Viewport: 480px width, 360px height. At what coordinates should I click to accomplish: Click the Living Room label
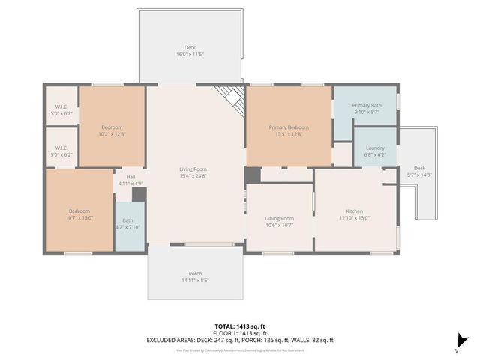193,169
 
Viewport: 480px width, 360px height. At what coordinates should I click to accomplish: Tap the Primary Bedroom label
289,127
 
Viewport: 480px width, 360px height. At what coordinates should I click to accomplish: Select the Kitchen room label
354,211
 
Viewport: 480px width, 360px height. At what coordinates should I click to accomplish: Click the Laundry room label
375,148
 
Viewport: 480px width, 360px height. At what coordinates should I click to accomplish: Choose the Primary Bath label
367,106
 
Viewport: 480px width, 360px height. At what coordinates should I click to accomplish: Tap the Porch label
195,274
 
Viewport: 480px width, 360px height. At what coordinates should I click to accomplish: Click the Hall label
130,177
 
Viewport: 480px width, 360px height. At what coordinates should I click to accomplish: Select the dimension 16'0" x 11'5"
190,55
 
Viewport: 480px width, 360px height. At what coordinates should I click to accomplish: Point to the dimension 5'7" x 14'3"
419,175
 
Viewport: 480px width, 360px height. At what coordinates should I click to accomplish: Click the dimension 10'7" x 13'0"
81,218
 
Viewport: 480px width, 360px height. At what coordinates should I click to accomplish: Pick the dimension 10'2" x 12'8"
112,134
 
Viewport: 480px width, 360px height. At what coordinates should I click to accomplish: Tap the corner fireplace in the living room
232,97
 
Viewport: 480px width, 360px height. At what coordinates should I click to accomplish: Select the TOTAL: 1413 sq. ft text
240,326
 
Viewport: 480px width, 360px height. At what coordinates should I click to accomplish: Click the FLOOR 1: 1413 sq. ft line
240,333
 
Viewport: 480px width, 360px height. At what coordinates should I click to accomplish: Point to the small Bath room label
127,220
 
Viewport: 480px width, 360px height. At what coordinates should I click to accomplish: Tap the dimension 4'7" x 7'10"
127,227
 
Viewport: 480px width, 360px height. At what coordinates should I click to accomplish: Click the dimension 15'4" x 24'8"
193,176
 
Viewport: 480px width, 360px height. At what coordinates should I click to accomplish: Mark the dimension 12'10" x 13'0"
354,218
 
